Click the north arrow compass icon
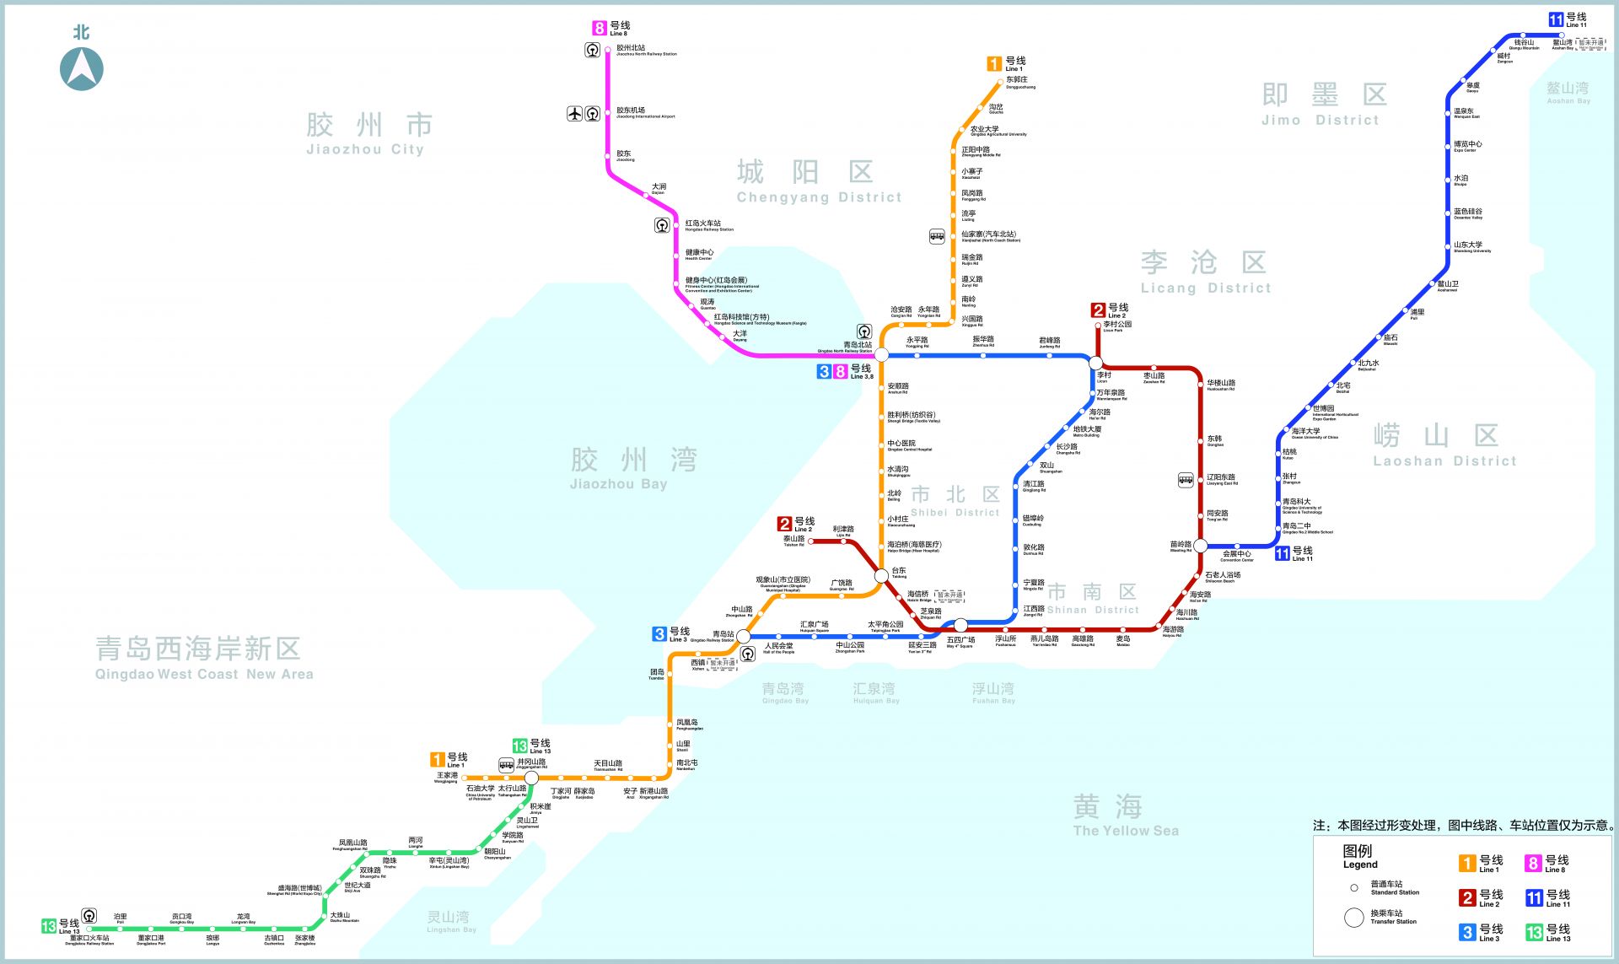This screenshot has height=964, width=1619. click(x=82, y=68)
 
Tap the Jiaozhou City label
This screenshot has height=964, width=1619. click(x=369, y=135)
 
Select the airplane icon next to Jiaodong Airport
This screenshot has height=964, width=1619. click(x=575, y=113)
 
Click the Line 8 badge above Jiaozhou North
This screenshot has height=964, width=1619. click(x=600, y=29)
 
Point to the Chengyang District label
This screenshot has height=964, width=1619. click(x=818, y=182)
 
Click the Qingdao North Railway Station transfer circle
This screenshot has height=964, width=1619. click(x=881, y=355)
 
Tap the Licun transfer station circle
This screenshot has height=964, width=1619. click(x=1095, y=363)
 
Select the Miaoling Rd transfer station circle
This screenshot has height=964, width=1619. click(x=1201, y=546)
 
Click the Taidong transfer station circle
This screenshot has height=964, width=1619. click(x=881, y=575)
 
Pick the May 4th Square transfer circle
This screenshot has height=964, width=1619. click(x=960, y=625)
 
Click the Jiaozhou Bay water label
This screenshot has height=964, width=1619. click(x=632, y=468)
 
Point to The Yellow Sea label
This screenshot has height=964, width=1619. click(x=1125, y=816)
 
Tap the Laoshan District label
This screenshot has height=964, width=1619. click(x=1444, y=445)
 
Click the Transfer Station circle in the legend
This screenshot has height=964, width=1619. click(x=1353, y=918)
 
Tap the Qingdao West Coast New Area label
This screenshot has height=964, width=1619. click(x=202, y=659)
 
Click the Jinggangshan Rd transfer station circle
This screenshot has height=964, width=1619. click(x=531, y=778)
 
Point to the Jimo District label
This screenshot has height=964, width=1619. click(x=1323, y=105)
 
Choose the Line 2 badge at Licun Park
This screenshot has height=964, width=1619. click(x=1098, y=310)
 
